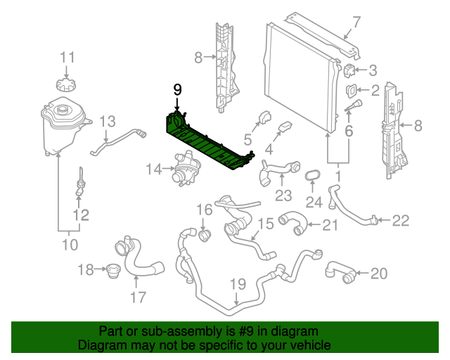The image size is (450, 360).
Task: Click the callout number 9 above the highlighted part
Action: pos(177,89)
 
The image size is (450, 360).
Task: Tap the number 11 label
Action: pos(66,57)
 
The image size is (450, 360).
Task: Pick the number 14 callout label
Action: pos(154,169)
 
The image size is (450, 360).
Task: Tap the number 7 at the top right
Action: pos(356,22)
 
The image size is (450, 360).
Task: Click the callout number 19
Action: pos(237,285)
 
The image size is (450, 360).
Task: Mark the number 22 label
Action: pos(399,221)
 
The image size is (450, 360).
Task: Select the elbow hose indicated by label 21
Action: pos(294,224)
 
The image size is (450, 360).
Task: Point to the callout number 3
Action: pos(373,70)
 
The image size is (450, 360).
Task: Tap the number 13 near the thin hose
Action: pos(107,122)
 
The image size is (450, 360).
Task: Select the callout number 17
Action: pos(136,297)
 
